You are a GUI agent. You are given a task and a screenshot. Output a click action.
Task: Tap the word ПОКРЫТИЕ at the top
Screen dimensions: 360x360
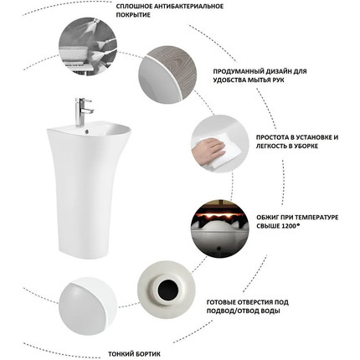tap(133, 15)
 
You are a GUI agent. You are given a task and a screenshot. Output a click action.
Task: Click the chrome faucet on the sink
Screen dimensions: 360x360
tap(83, 111)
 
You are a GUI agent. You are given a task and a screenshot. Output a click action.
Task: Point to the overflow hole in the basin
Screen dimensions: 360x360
tap(87, 130)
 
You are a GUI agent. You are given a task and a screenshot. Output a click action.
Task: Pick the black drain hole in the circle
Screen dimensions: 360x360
tap(167, 290)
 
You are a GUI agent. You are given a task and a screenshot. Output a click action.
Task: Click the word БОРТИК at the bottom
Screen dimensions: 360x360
tap(148, 354)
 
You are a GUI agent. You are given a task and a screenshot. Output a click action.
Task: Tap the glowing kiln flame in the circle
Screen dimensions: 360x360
tap(219, 213)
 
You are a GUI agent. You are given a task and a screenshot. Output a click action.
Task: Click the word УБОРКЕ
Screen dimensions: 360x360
tap(305, 146)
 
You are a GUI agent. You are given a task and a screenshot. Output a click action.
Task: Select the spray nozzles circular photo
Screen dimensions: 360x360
tap(88, 46)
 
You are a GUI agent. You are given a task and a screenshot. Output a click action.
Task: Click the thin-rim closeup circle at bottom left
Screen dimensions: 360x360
tap(87, 306)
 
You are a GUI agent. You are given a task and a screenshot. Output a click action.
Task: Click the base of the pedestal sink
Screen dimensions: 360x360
tap(83, 251)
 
